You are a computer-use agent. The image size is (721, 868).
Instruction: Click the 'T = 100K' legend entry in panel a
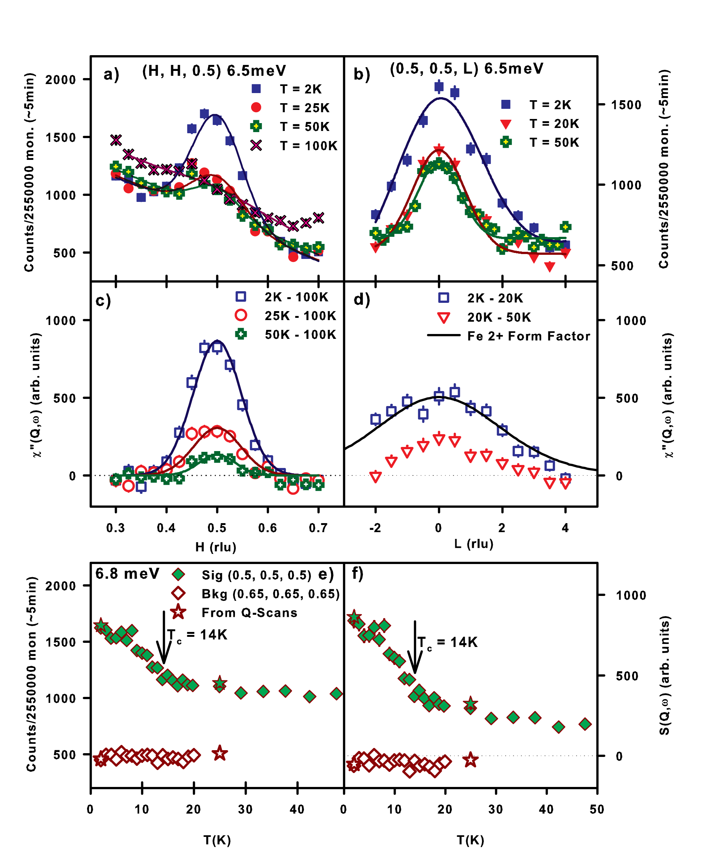coord(309,146)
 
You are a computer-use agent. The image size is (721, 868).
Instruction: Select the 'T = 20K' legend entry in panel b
coord(554,123)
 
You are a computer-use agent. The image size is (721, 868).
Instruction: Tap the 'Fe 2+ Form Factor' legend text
coord(529,336)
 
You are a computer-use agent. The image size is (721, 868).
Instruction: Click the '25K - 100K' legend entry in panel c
coord(300,316)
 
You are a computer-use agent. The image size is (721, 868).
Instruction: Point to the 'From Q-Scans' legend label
coord(249,612)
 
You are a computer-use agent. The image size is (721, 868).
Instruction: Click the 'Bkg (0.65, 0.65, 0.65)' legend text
coord(270,594)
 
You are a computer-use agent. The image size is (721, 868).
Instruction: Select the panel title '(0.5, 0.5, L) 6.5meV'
coord(466,69)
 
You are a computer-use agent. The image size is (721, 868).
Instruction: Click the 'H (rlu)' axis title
coord(216,547)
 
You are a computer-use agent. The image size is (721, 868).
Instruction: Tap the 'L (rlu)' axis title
coord(474,543)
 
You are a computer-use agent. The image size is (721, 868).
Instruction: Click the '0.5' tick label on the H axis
coord(217,528)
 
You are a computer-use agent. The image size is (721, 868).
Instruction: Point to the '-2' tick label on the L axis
coord(375,528)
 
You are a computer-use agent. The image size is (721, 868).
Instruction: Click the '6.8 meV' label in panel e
coord(127,574)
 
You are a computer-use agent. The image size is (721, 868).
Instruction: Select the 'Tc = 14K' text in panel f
coord(447,642)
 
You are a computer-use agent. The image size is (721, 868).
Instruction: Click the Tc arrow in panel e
coord(164,637)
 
